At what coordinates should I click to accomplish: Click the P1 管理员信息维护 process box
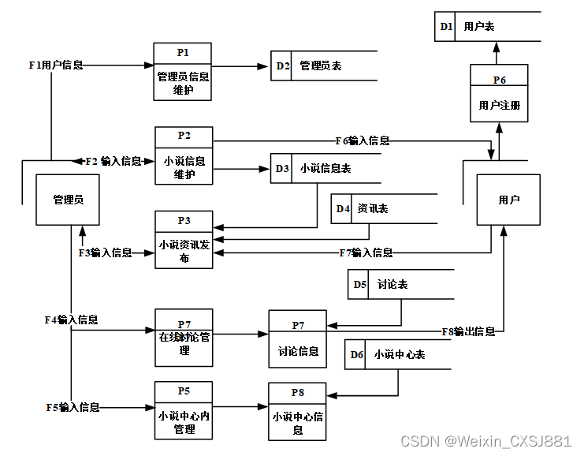[x=183, y=71]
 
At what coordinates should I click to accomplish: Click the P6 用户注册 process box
[x=499, y=93]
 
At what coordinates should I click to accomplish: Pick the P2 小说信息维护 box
[x=184, y=155]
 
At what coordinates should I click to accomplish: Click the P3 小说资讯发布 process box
[x=184, y=240]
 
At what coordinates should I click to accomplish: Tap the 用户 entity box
[x=508, y=200]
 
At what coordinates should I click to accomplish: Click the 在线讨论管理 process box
[x=184, y=338]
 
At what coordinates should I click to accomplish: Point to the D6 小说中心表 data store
[x=398, y=355]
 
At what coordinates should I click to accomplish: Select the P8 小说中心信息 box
[x=297, y=411]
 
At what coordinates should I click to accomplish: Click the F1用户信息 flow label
[x=55, y=65]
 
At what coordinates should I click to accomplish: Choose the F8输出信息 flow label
[x=468, y=331]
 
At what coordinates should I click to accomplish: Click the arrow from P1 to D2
[x=241, y=66]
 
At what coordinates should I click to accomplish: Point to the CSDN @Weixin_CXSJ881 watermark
[x=485, y=440]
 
